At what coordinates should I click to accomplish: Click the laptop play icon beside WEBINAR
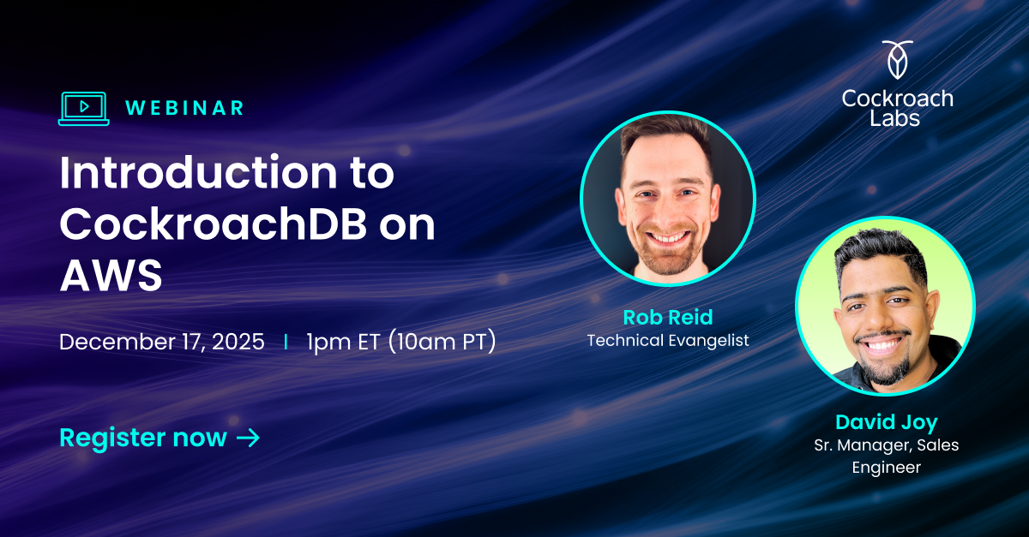[83, 108]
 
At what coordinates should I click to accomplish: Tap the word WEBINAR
[184, 108]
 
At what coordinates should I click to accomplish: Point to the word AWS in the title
[110, 276]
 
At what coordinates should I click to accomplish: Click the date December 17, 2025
[161, 342]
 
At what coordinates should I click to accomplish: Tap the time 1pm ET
[343, 342]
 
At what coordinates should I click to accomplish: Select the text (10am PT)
[442, 342]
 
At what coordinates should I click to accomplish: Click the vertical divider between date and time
[286, 342]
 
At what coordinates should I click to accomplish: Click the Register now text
[142, 438]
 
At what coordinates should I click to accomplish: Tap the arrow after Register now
[248, 438]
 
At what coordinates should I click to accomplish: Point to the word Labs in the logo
[897, 118]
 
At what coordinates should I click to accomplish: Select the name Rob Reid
[667, 317]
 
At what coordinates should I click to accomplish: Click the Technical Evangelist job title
[667, 340]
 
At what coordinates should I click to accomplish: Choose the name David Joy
[886, 422]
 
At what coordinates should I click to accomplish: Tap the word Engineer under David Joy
[886, 468]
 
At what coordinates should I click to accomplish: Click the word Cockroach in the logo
[897, 98]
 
